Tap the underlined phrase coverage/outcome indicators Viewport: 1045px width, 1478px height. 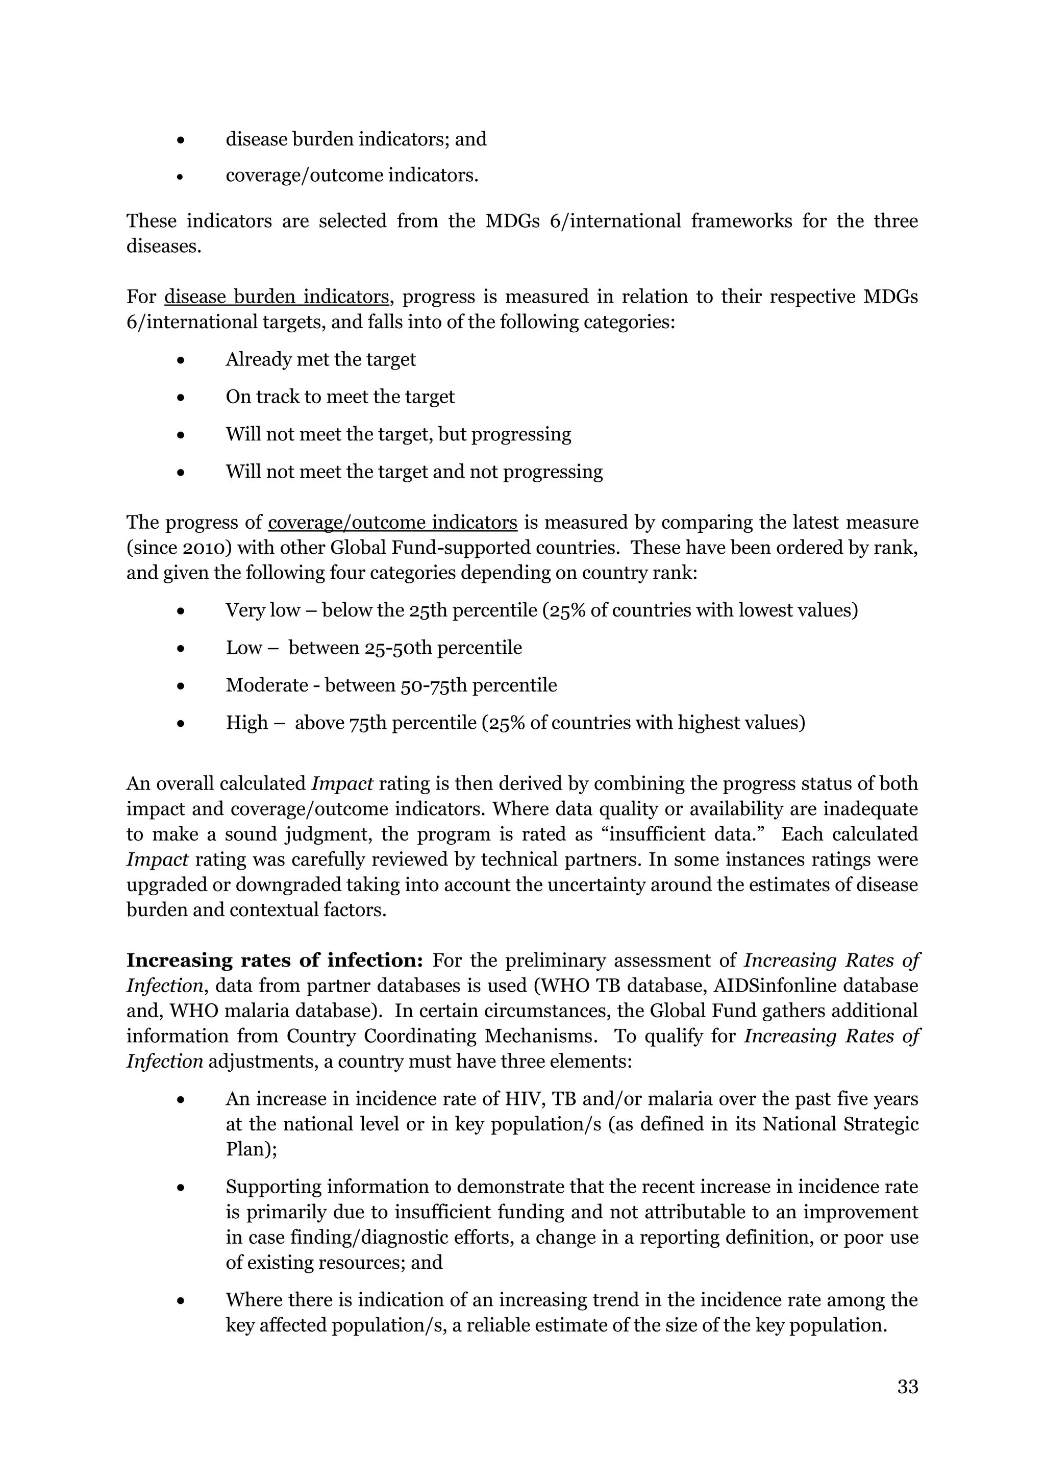click(392, 522)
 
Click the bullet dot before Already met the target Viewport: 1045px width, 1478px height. click(182, 360)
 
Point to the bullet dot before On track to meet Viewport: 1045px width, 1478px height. click(182, 398)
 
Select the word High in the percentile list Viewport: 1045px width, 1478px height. click(246, 722)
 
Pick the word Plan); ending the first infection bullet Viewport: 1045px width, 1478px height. click(251, 1149)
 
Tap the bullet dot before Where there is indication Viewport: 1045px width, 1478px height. click(182, 1301)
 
